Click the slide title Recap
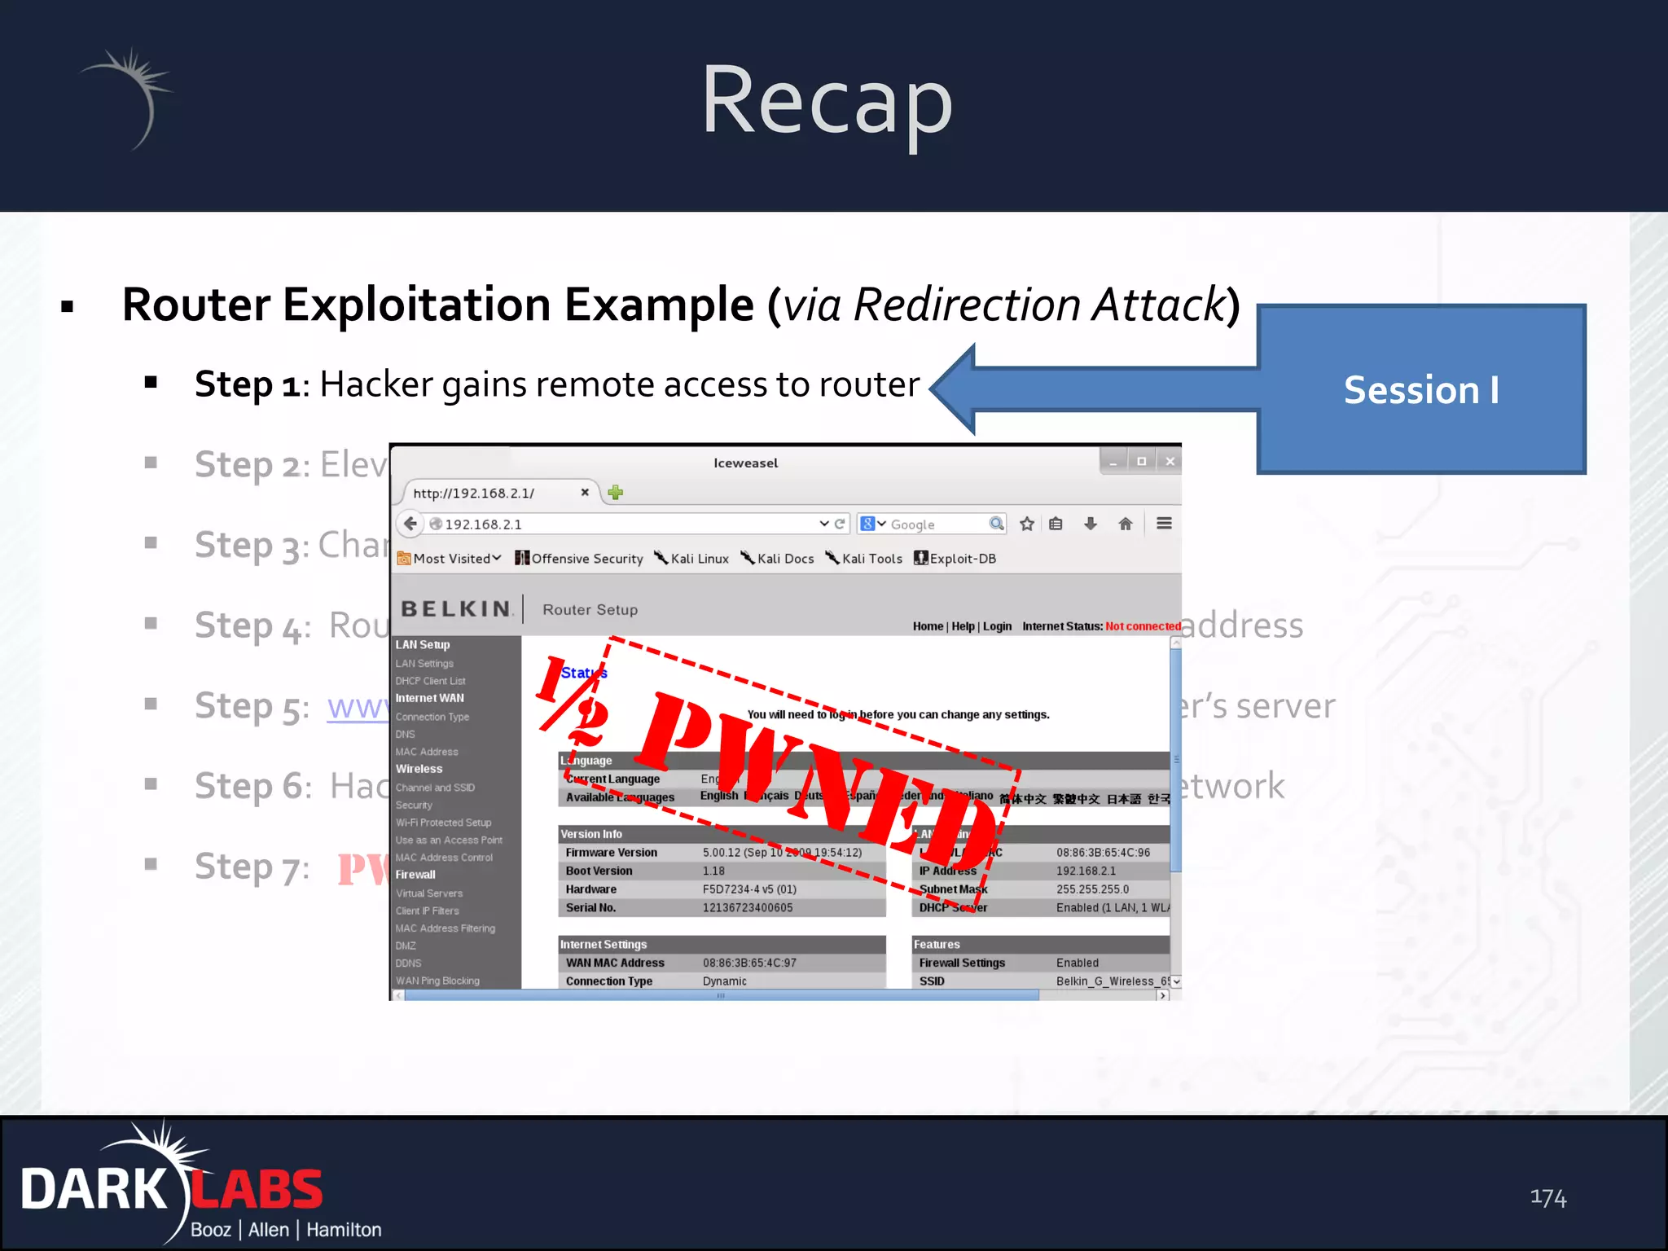coord(826,102)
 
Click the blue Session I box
coord(1421,389)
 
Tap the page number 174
coord(1547,1197)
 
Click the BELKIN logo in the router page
coord(456,609)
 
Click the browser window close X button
coord(1170,462)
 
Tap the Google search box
coord(937,525)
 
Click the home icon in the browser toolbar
coord(1125,524)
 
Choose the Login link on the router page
coord(997,626)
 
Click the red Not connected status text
coord(1143,626)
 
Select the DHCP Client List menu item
coord(430,681)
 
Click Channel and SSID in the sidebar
coord(435,788)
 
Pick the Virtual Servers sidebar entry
coord(429,893)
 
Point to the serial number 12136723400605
coord(748,907)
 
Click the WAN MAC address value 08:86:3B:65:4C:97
coord(749,963)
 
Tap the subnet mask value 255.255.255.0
coord(1092,889)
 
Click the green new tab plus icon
coord(616,492)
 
